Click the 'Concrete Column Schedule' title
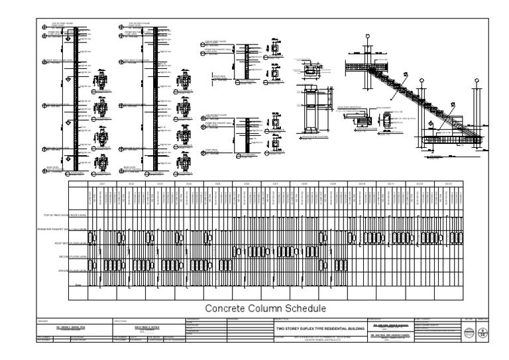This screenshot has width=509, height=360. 264,308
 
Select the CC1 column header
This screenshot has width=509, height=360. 103,183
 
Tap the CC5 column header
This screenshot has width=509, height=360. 217,183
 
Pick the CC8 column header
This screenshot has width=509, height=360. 304,183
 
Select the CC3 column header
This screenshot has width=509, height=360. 160,183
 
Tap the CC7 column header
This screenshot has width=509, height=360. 275,183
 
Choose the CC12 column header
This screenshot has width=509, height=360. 420,183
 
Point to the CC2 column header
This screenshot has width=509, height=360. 131,183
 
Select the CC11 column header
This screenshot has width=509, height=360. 391,183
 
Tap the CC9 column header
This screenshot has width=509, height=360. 333,183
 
